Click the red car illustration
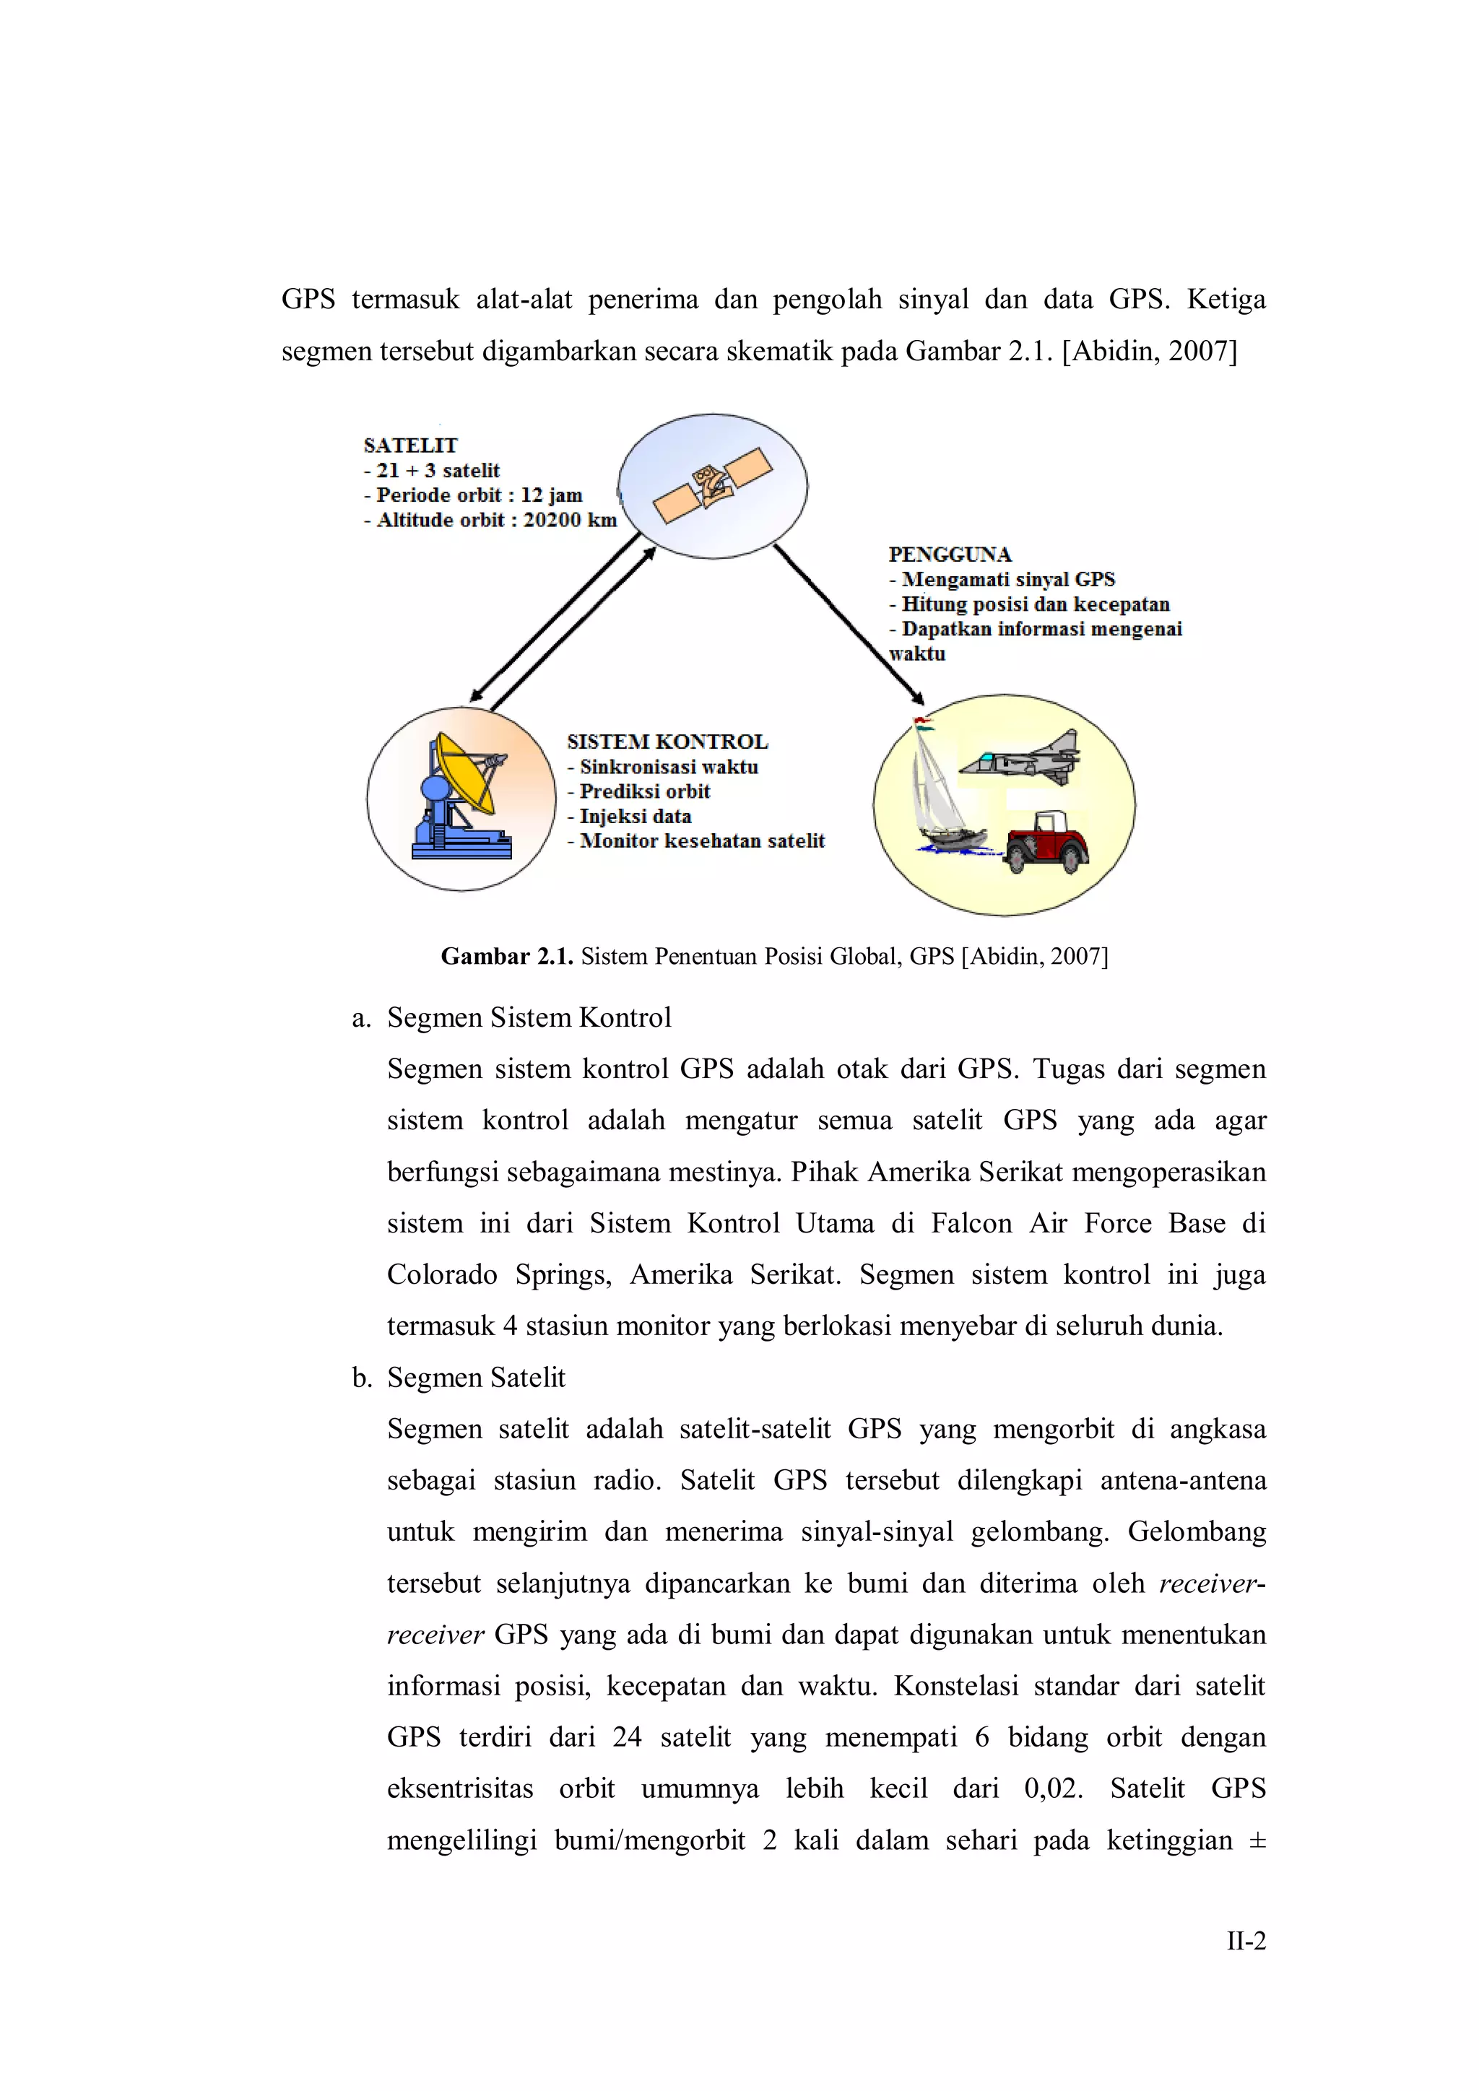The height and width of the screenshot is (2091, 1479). coord(1047,843)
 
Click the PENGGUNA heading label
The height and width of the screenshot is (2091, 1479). coord(950,555)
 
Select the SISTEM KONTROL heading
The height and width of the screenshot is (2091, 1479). coord(667,742)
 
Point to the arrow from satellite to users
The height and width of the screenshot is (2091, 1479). coord(849,625)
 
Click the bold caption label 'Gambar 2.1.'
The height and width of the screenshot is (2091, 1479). coord(506,956)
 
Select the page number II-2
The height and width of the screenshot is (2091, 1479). coord(1245,1941)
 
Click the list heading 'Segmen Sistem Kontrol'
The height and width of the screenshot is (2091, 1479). coord(529,1017)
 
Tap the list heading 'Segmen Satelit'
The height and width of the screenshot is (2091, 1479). coord(475,1377)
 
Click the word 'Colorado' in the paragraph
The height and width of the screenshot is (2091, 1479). coord(442,1274)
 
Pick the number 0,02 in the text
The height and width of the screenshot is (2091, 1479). coord(1053,1788)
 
